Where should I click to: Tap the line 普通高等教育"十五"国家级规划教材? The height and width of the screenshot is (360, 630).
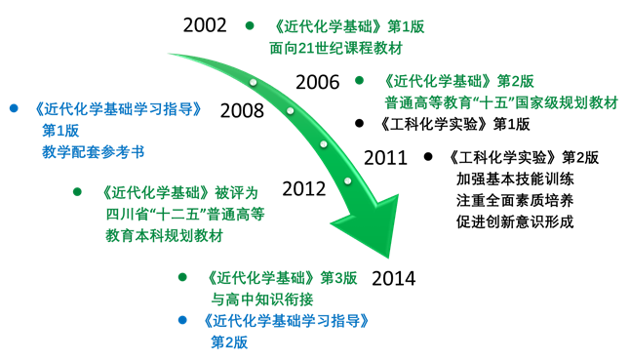coord(500,100)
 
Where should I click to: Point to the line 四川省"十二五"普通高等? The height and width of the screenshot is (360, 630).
coord(185,214)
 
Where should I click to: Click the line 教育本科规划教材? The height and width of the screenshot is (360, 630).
coord(164,235)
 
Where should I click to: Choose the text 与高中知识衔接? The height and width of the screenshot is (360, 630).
coord(262,300)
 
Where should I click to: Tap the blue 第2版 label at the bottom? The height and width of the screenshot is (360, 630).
coord(230,341)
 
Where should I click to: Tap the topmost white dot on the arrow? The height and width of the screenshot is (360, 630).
coord(253,82)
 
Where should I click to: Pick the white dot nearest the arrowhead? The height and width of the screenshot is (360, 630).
coord(347,180)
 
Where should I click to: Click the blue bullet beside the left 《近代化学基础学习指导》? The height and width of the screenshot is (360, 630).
coord(14,108)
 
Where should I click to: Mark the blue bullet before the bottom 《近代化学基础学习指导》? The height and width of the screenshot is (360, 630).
coord(181,320)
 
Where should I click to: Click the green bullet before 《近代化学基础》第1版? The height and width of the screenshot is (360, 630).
coord(250,25)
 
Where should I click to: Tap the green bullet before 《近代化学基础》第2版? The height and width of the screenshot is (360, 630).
coord(359,80)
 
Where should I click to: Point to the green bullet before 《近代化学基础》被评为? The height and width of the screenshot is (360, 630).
coord(77,192)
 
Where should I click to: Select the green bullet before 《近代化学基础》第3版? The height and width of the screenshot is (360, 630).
coord(182,278)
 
